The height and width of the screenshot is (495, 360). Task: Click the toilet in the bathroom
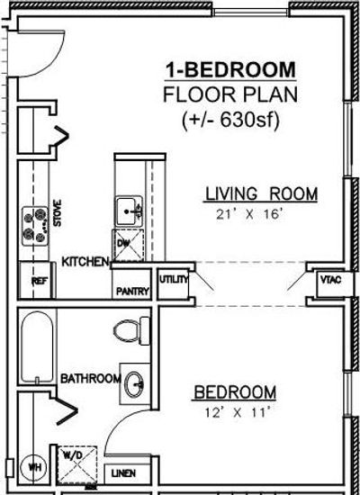pyautogui.click(x=131, y=331)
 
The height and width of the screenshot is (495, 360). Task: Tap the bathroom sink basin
pyautogui.click(x=134, y=384)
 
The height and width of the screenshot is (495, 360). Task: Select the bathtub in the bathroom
pyautogui.click(x=37, y=346)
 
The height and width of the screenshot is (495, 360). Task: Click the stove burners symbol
pyautogui.click(x=35, y=226)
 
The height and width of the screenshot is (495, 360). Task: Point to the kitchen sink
pyautogui.click(x=129, y=211)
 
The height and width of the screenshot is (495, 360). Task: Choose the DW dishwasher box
pyautogui.click(x=128, y=246)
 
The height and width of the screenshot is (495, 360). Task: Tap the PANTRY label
pyautogui.click(x=132, y=292)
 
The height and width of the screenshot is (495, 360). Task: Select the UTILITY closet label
pyautogui.click(x=174, y=279)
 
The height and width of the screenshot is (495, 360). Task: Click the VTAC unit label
pyautogui.click(x=331, y=280)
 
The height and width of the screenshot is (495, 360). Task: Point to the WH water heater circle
pyautogui.click(x=33, y=467)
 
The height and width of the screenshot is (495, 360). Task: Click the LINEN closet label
pyautogui.click(x=124, y=473)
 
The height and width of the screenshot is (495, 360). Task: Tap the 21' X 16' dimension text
pyautogui.click(x=248, y=215)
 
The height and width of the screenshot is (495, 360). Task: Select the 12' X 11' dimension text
pyautogui.click(x=238, y=412)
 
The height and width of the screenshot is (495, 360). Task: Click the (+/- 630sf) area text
pyautogui.click(x=230, y=120)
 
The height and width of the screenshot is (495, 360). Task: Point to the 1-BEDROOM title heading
pyautogui.click(x=230, y=70)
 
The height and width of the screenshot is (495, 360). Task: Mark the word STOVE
pyautogui.click(x=58, y=212)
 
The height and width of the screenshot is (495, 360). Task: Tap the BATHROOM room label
pyautogui.click(x=91, y=379)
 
